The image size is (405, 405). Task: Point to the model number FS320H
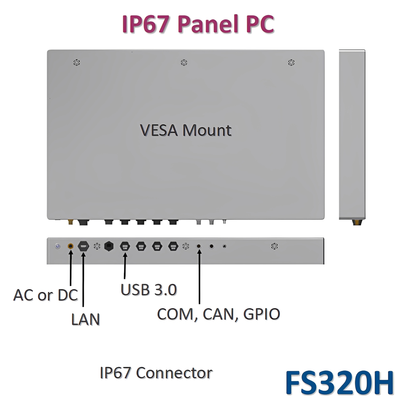(x=339, y=382)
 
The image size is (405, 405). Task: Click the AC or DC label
(x=46, y=295)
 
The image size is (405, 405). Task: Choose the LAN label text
(x=85, y=319)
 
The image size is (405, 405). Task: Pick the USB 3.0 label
(x=148, y=290)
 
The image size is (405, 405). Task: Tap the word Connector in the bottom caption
(x=174, y=373)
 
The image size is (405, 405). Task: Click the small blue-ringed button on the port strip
(x=58, y=246)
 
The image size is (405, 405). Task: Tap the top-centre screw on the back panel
(x=184, y=63)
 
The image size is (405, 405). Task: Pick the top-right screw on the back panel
(x=291, y=63)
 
